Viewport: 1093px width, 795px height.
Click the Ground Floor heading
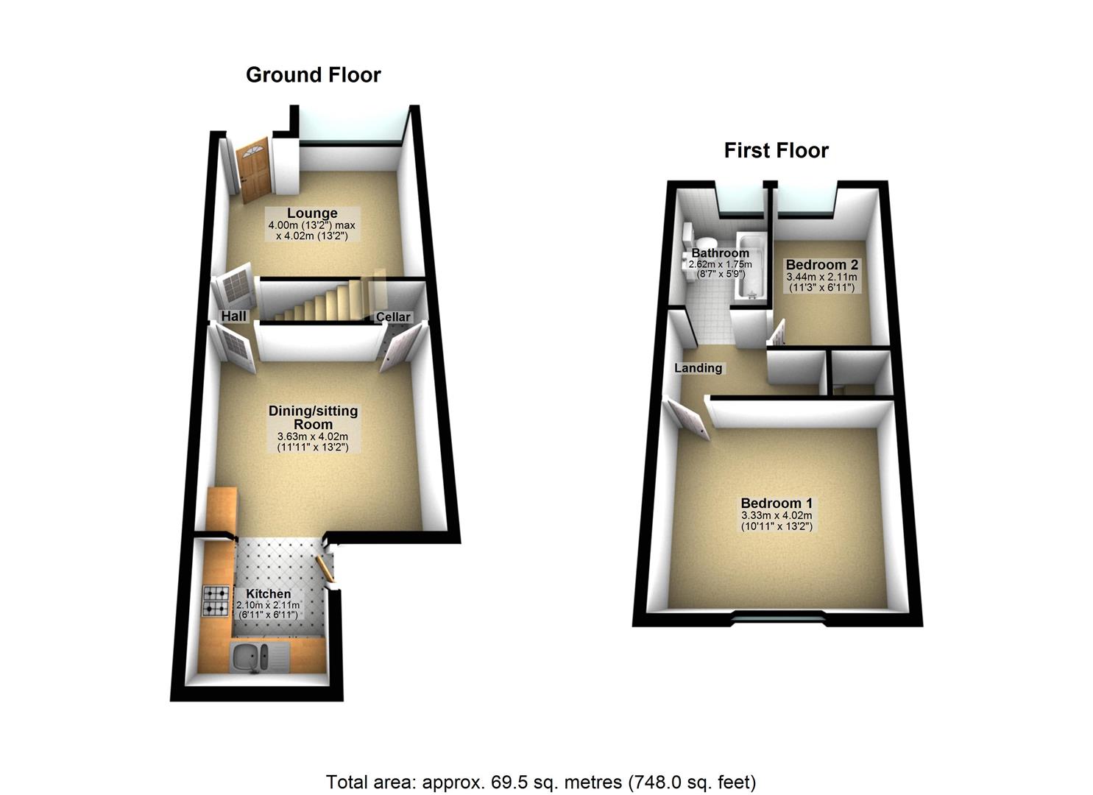click(313, 75)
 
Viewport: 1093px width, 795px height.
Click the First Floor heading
click(776, 151)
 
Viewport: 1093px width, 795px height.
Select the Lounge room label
click(312, 213)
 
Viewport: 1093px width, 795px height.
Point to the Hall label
click(234, 316)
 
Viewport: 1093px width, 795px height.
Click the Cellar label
click(393, 317)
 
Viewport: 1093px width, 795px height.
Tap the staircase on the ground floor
click(324, 302)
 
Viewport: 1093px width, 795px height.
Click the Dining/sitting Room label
click(313, 417)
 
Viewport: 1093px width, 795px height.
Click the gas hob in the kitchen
click(216, 599)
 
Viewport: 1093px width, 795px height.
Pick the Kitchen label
click(268, 593)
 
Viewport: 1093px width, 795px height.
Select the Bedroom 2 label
click(821, 265)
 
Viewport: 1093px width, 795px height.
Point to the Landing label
click(698, 368)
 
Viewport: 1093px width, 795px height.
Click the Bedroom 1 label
click(777, 504)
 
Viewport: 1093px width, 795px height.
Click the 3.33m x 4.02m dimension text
click(777, 516)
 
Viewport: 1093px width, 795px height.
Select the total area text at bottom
click(541, 781)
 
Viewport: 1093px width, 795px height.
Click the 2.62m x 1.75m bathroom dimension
click(720, 264)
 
